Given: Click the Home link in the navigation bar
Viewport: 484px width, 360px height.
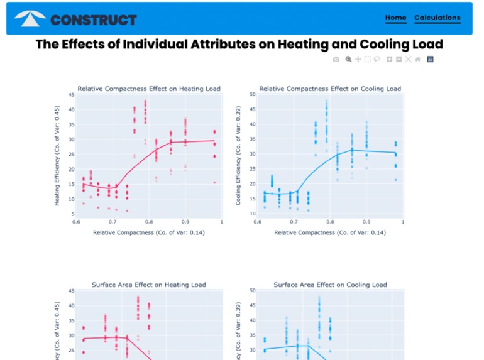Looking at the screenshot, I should [x=395, y=18].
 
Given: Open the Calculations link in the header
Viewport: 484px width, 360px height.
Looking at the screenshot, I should [x=437, y=18].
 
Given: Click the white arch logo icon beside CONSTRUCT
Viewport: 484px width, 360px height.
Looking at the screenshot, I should [x=30, y=19].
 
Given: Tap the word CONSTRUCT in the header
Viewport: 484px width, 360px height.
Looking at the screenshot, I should [x=93, y=20].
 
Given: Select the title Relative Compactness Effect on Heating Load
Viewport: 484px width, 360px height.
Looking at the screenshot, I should [x=148, y=89].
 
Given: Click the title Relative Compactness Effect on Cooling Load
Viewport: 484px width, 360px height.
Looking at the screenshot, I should [x=330, y=89].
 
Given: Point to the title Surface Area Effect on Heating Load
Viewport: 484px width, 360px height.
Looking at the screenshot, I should [x=148, y=285].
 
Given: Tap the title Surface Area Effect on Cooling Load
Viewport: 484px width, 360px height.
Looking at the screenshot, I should [x=330, y=285].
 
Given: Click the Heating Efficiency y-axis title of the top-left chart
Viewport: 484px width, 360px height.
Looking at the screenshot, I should [x=57, y=156].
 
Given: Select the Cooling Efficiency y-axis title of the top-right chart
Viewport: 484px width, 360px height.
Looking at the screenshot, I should [x=238, y=156].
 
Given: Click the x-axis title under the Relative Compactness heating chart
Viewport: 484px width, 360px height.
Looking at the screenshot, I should [x=148, y=232].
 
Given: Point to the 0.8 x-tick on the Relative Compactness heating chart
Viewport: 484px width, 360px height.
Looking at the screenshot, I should [x=148, y=222].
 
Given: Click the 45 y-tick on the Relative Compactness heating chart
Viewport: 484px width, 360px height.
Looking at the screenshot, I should [x=71, y=95].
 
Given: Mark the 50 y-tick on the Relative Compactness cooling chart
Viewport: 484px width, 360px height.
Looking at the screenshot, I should [x=252, y=95].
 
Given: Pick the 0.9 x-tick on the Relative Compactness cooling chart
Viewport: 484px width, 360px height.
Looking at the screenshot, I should [x=366, y=222].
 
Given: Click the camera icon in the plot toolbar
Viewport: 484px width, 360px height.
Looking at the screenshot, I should [x=336, y=59].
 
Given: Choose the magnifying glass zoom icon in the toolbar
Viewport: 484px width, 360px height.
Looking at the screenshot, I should [x=349, y=59].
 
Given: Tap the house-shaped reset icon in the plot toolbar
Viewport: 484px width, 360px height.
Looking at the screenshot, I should [x=417, y=59].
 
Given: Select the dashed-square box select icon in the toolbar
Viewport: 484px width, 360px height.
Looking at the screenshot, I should [x=367, y=59].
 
